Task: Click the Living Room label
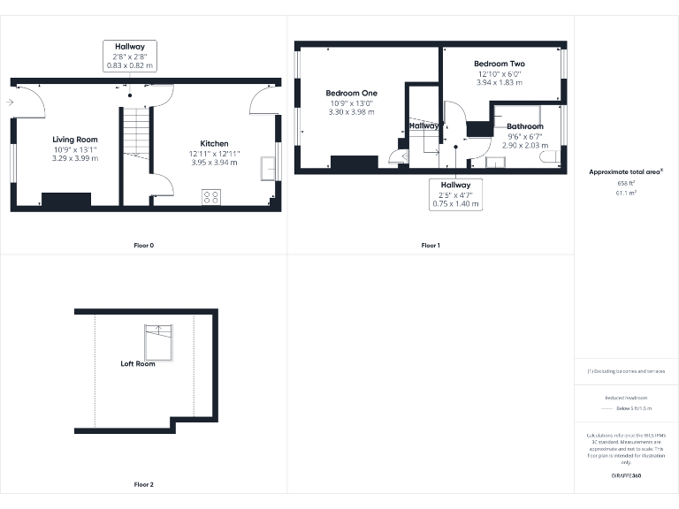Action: point(74,140)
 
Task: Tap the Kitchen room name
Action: point(214,143)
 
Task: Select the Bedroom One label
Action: point(351,93)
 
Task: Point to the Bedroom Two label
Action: point(499,64)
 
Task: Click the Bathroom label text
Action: point(525,126)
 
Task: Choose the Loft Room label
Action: point(138,364)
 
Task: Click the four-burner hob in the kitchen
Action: point(212,197)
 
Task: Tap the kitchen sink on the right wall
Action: point(267,169)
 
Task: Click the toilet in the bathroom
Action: point(549,157)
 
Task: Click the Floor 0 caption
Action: point(143,245)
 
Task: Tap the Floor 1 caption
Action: point(430,245)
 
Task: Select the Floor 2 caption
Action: point(143,484)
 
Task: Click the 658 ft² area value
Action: point(626,183)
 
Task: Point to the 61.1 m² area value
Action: point(626,191)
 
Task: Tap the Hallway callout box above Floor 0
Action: point(130,56)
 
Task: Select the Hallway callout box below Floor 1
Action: point(456,194)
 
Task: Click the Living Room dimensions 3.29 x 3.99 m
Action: point(75,158)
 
